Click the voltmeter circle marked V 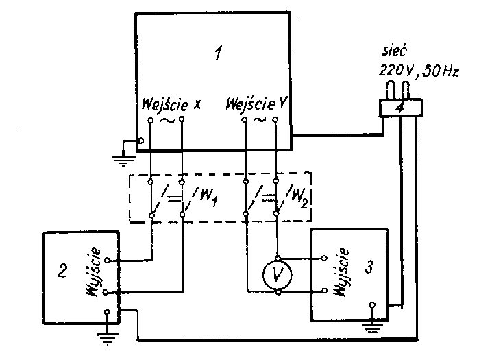[277, 274]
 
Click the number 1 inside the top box [217, 53]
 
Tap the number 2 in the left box [62, 271]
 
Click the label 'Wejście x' [172, 105]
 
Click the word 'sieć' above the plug [393, 53]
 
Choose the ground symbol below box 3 [372, 324]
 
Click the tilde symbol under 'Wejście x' [167, 121]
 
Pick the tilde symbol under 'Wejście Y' [260, 121]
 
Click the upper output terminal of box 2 [106, 261]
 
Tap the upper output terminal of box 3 [325, 259]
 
